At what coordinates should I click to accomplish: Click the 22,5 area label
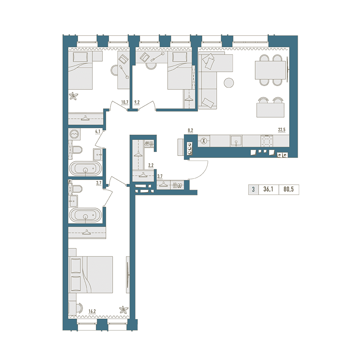click(282, 130)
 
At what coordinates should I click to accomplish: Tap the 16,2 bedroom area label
click(92, 311)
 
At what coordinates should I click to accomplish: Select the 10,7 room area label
click(125, 102)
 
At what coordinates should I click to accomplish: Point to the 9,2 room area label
click(137, 102)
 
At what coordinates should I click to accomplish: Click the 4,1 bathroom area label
click(98, 131)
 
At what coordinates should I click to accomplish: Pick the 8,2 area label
click(190, 130)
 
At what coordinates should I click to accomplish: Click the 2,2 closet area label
click(151, 165)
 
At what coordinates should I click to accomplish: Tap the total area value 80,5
click(289, 189)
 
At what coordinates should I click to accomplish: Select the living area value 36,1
click(268, 189)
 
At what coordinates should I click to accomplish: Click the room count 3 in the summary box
click(253, 189)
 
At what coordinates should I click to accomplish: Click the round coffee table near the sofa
click(229, 83)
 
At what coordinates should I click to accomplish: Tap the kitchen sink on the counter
click(236, 141)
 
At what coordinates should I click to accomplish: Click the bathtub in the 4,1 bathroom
click(85, 169)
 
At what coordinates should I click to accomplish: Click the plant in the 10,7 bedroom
click(74, 95)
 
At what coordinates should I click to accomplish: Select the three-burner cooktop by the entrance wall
click(190, 149)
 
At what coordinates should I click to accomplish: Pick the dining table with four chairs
click(270, 70)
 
